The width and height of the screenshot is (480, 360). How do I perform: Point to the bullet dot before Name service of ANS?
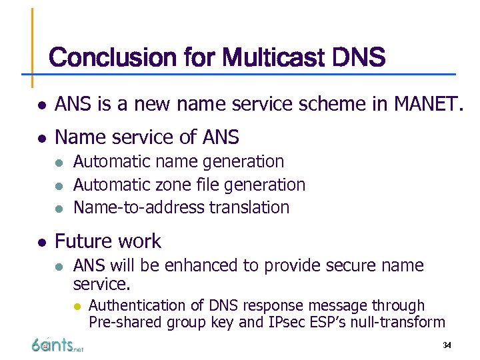click(41, 138)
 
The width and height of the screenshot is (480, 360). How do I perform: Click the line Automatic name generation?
click(179, 162)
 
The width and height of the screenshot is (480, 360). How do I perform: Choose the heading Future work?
click(108, 241)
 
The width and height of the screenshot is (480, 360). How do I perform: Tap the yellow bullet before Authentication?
click(77, 306)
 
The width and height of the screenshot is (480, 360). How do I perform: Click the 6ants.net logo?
click(57, 345)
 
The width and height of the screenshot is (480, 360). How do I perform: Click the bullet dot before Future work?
click(41, 242)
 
